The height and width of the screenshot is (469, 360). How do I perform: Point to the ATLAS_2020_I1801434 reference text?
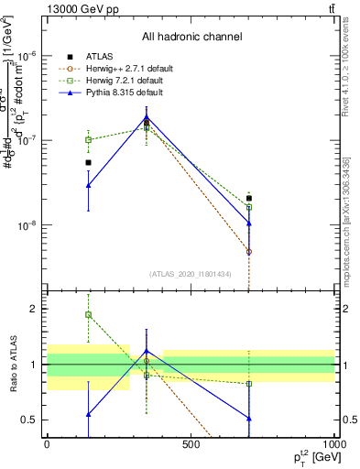pyautogui.click(x=191, y=274)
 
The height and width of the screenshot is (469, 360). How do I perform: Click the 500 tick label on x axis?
pyautogui.click(x=191, y=445)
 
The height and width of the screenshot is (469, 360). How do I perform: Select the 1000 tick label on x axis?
pyautogui.click(x=333, y=445)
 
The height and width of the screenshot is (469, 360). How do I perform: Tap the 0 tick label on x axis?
pyautogui.click(x=47, y=445)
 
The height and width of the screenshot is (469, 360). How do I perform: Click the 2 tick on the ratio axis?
pyautogui.click(x=35, y=309)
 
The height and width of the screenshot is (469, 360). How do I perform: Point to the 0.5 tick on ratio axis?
pyautogui.click(x=31, y=420)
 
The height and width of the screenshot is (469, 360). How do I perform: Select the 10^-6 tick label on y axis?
pyautogui.click(x=27, y=55)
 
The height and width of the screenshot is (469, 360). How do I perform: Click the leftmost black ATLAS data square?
pyautogui.click(x=89, y=162)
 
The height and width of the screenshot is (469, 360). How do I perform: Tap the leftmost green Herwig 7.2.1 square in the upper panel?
pyautogui.click(x=89, y=139)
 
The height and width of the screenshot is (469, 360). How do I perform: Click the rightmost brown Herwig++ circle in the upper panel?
pyautogui.click(x=248, y=251)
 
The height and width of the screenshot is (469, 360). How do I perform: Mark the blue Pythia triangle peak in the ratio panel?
pyautogui.click(x=147, y=351)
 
